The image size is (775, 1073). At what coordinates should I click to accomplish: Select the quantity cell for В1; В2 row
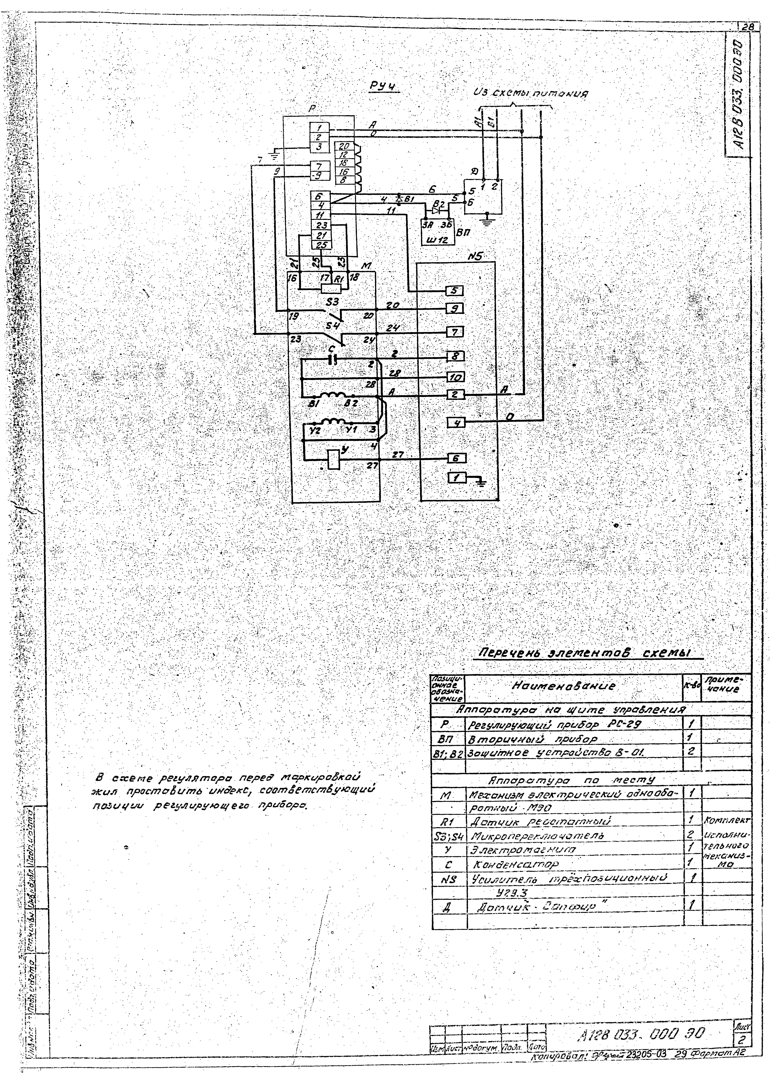click(692, 751)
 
